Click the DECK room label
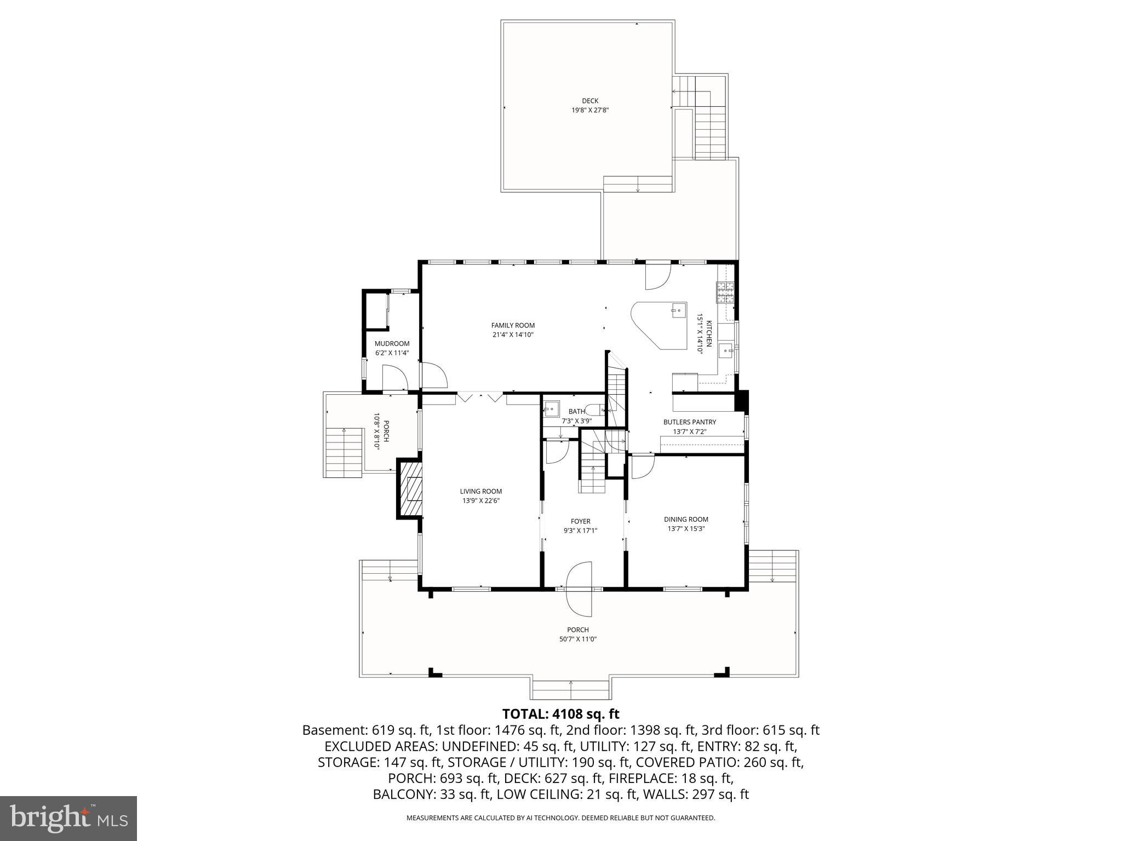(590, 101)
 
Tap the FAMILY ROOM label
(513, 325)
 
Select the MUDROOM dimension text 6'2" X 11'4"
(392, 353)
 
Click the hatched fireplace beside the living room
(411, 489)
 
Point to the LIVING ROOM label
(480, 491)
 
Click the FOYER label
(580, 521)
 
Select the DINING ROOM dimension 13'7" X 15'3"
(685, 529)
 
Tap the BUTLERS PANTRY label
(689, 422)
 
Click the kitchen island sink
(677, 311)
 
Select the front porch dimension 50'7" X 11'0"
(578, 639)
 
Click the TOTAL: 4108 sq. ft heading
(560, 714)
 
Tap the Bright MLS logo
(68, 819)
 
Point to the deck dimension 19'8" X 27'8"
(590, 110)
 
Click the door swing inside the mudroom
(394, 378)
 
